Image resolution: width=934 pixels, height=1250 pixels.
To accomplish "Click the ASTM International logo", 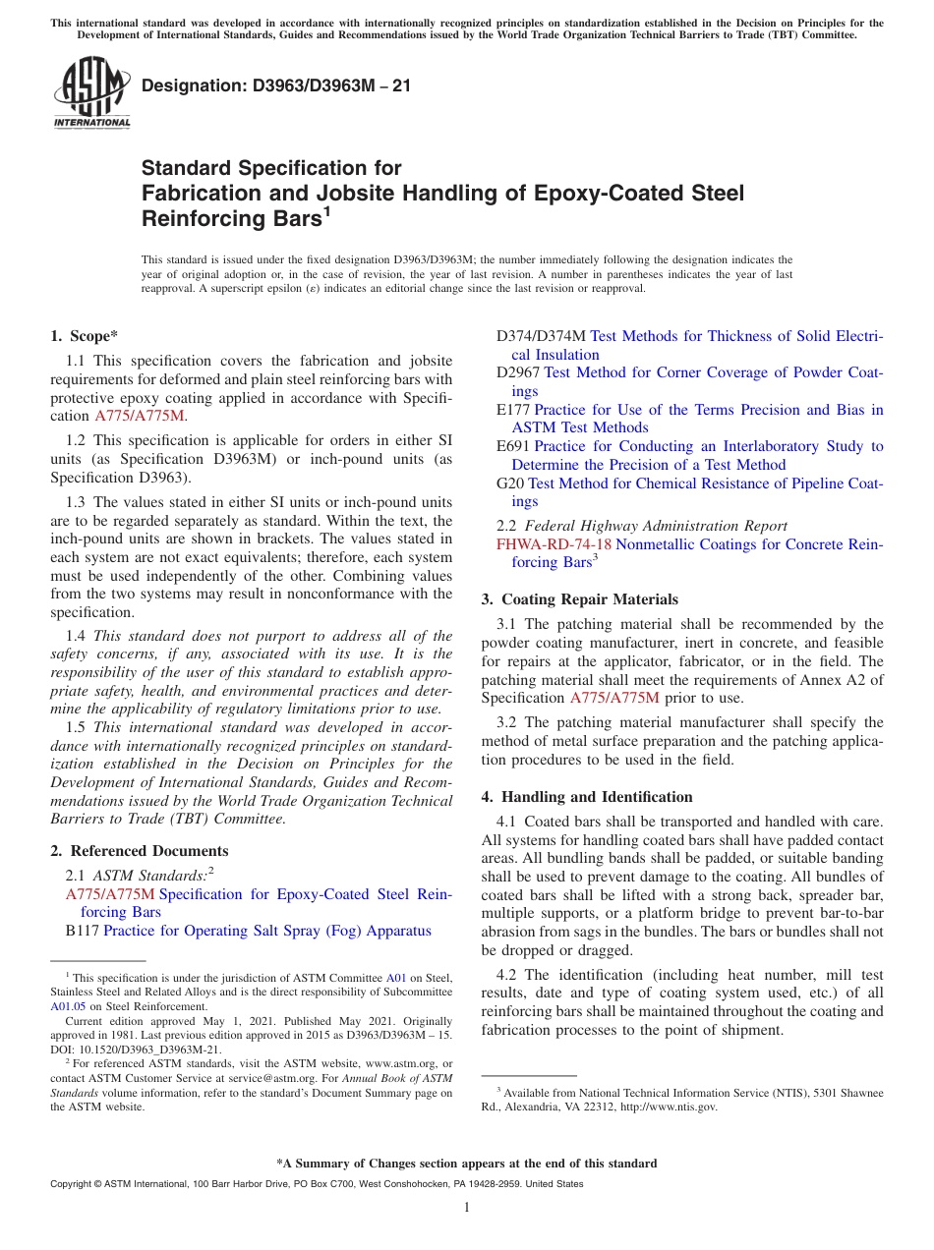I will point(90,93).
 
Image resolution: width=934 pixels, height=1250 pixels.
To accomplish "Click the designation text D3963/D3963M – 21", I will point(276,85).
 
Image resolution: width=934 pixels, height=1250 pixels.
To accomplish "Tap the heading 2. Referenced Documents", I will point(139,851).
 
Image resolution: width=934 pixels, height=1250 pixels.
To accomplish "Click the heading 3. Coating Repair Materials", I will point(579,598).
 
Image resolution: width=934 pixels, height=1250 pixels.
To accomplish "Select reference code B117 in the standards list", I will point(82,931).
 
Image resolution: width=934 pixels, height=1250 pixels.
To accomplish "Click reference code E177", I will point(512,410).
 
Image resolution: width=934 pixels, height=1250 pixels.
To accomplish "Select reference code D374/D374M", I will point(540,336).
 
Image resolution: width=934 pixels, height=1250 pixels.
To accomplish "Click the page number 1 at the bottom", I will point(467,1208).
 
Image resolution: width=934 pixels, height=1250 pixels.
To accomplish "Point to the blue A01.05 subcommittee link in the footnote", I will point(65,1006).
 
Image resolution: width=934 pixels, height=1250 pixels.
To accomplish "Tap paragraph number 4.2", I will point(509,975).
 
